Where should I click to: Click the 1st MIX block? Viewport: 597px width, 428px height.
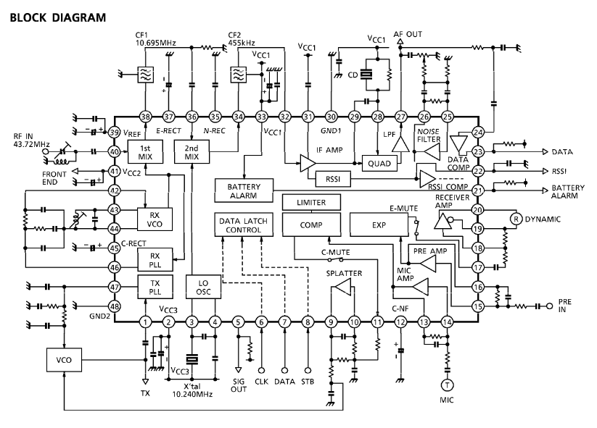[x=145, y=152]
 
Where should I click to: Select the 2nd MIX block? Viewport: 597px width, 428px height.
[x=192, y=152]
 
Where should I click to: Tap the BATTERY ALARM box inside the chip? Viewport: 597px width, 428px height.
[x=244, y=190]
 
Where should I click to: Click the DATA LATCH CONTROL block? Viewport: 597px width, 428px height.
[x=244, y=225]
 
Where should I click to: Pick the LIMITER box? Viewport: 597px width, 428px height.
[x=311, y=202]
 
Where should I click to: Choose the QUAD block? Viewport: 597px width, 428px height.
[x=379, y=164]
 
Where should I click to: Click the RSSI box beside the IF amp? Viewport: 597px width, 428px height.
[x=333, y=179]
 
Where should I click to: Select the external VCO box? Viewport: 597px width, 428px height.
[x=64, y=360]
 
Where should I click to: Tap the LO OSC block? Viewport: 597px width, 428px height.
[x=203, y=287]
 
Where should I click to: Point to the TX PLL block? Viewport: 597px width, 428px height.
[x=155, y=287]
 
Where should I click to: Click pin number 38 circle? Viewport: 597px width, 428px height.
[x=146, y=117]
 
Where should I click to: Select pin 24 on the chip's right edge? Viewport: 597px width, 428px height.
[x=478, y=133]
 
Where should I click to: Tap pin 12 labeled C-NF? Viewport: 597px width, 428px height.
[x=400, y=322]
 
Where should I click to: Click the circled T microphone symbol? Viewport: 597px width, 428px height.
[x=447, y=385]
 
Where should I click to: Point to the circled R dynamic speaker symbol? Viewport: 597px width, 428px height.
[x=516, y=219]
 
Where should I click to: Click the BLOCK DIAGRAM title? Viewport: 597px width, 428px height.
[x=58, y=17]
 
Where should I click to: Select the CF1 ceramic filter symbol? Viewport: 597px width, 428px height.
[x=146, y=75]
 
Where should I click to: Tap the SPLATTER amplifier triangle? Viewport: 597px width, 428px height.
[x=343, y=288]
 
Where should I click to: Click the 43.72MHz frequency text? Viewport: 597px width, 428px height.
[x=32, y=144]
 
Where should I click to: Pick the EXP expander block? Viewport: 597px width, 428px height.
[x=379, y=225]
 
